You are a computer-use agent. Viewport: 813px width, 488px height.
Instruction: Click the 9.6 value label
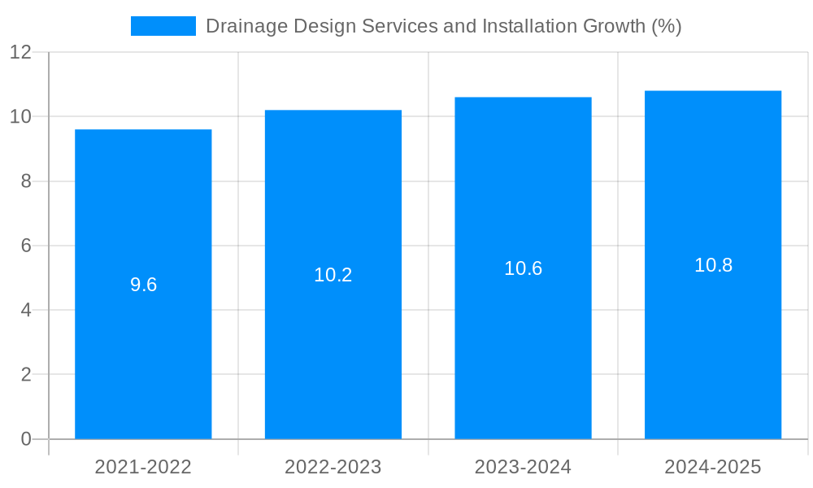coord(143,285)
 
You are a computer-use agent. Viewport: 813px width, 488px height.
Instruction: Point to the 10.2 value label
coord(333,275)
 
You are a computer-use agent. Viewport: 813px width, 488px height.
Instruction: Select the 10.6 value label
coord(523,268)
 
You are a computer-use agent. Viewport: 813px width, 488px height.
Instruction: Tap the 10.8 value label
coord(713,265)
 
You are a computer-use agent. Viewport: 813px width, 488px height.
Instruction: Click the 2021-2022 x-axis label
coord(143,467)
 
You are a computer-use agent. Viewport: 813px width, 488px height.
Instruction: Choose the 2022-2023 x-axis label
coord(333,467)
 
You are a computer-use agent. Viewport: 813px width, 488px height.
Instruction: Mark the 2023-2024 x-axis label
coord(523,467)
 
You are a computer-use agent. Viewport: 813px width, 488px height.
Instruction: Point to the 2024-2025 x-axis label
coord(713,467)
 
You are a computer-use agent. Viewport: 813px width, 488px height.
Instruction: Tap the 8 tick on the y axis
coord(26,181)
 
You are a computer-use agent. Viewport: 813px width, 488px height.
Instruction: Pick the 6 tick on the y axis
coord(26,246)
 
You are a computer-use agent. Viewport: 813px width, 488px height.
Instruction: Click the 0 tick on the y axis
coord(26,439)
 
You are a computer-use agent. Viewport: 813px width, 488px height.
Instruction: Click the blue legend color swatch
coord(163,26)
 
